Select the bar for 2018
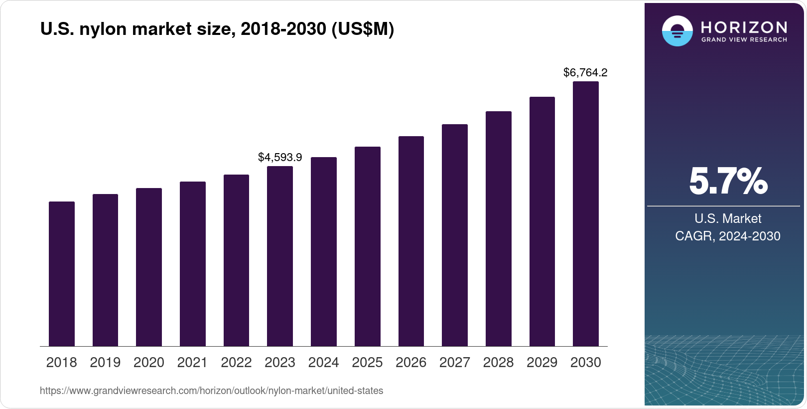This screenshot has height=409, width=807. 62,274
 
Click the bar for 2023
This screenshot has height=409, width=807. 280,256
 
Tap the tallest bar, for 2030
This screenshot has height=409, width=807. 586,214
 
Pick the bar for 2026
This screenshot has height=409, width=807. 411,241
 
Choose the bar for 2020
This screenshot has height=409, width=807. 149,267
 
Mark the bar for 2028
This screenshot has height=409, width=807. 498,229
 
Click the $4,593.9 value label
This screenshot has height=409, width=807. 280,158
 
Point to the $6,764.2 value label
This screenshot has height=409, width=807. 585,73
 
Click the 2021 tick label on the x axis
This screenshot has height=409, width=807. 192,363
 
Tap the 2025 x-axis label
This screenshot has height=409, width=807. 367,363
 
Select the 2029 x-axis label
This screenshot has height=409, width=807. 542,363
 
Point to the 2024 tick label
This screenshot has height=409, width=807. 323,363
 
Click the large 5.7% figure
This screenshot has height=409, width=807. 728,182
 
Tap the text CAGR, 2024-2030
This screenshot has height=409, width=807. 727,236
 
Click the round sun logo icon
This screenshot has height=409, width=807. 677,31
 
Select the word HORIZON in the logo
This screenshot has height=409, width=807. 744,27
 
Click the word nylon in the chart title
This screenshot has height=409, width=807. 103,29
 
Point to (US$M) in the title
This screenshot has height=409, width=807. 362,29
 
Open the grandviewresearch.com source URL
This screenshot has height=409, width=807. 211,391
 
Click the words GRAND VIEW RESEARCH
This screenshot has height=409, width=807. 744,40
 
